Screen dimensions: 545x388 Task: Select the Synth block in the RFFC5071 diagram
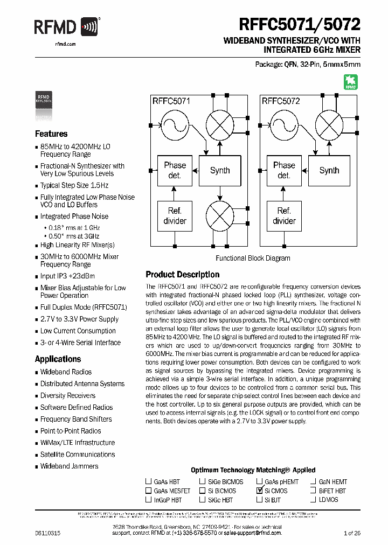[220, 170]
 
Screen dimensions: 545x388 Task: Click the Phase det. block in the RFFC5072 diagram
[284, 170]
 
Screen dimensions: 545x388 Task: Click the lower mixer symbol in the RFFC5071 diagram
[220, 215]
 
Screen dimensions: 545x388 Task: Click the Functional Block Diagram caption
[253, 258]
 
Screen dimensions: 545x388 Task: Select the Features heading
[51, 134]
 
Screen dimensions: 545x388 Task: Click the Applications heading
[58, 359]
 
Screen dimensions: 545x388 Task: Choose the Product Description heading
[183, 274]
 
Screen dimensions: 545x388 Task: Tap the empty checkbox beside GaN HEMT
[313, 481]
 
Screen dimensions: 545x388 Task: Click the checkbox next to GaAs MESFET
[148, 491]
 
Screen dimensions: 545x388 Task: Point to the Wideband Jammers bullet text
[69, 466]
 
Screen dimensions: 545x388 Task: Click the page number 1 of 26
[352, 533]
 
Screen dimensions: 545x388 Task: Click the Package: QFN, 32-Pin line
[307, 64]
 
